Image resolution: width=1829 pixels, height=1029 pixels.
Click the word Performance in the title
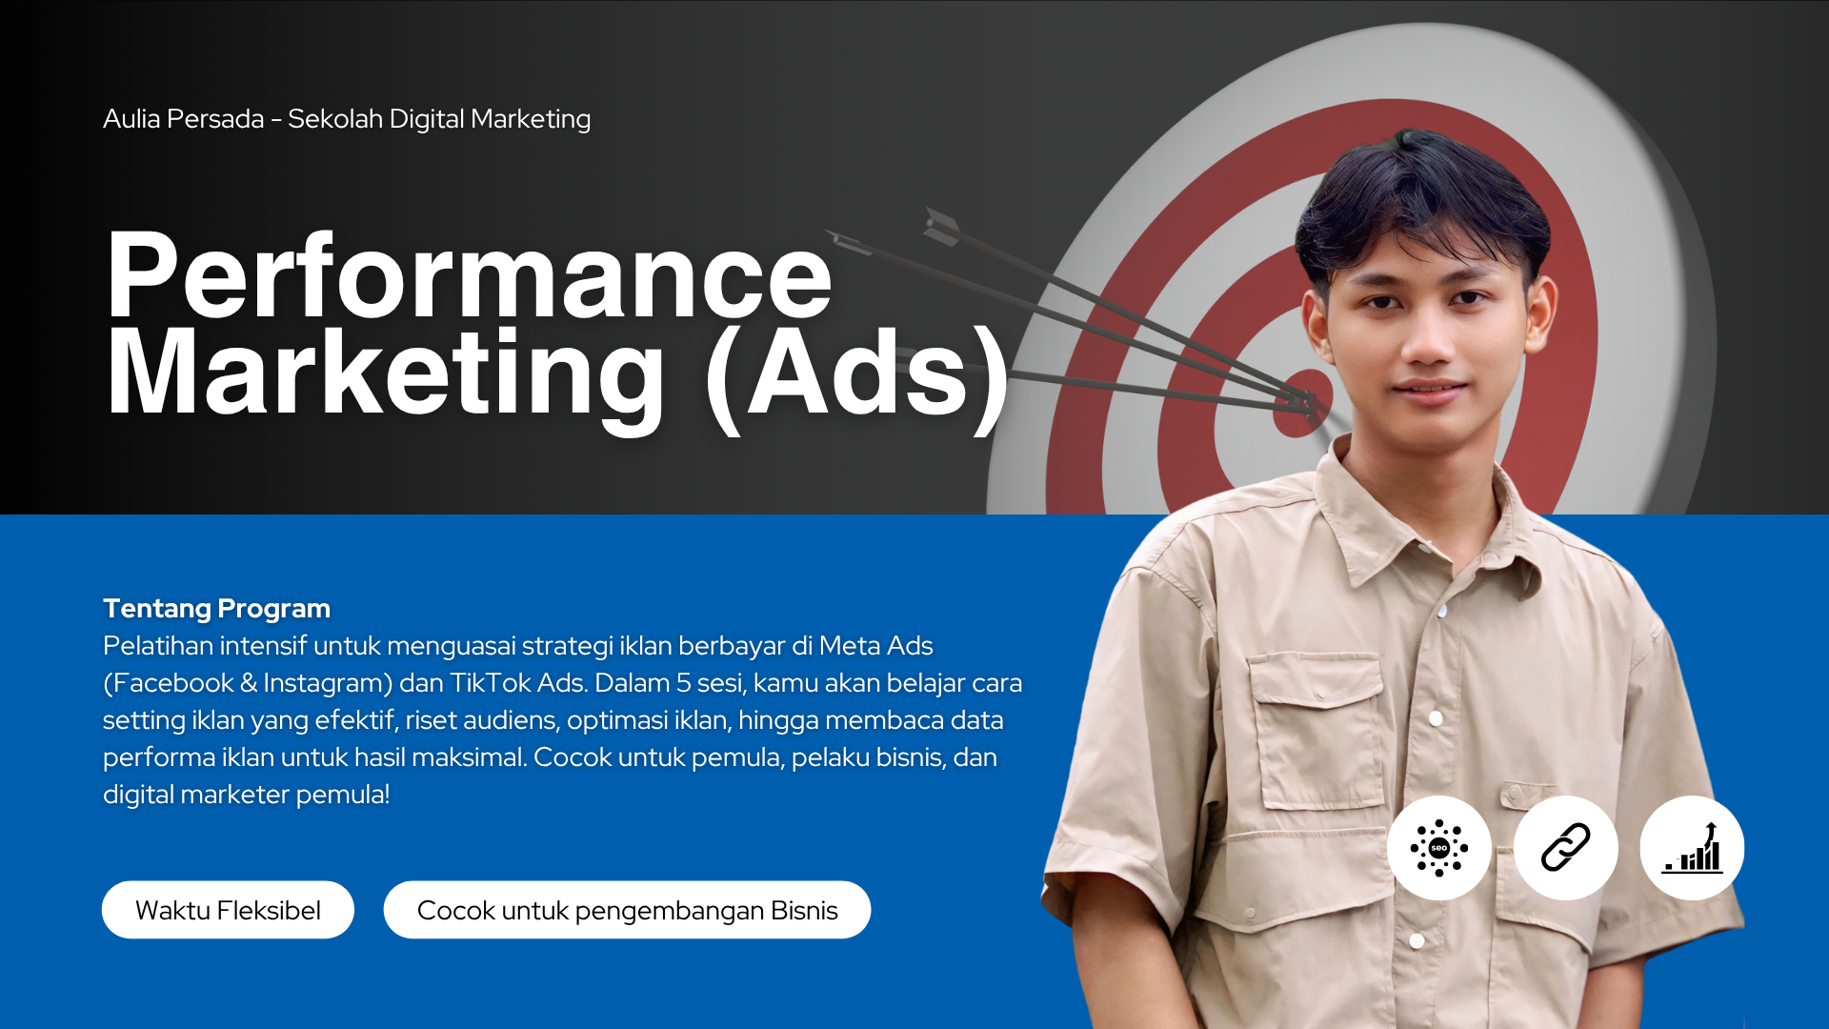coord(469,276)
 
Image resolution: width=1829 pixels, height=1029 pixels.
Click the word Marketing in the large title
coord(386,373)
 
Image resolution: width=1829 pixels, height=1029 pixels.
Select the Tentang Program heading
coord(216,608)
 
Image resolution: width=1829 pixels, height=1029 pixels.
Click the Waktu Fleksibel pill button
coord(228,910)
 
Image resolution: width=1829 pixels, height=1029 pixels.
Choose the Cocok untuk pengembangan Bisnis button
coord(627,910)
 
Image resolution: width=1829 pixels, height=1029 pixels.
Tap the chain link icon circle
coord(1566,848)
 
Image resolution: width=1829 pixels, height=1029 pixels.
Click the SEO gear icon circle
coord(1439,848)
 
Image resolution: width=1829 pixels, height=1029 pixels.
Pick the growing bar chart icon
coord(1692,848)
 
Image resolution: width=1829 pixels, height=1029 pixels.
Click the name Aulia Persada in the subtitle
coord(184,119)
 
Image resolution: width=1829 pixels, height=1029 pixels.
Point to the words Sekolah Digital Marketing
coord(439,119)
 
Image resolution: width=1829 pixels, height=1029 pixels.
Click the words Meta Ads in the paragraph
coord(875,646)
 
